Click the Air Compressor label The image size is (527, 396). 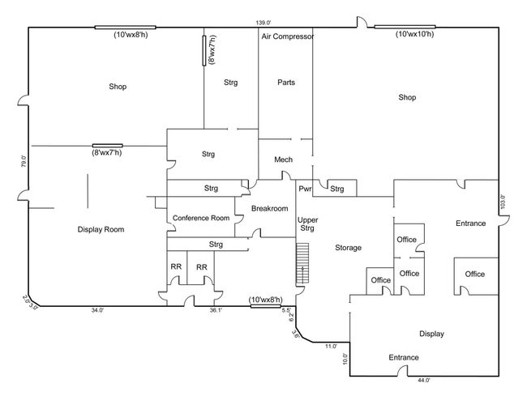coord(288,36)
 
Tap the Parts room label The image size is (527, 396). coord(286,83)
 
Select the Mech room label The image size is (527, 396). coord(283,160)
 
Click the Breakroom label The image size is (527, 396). coord(269,208)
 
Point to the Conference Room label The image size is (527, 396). coord(201,218)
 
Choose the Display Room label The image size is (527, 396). coord(101,229)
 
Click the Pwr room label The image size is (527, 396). coord(305,189)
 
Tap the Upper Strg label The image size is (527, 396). coord(307,224)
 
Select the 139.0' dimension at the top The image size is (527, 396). coord(263,23)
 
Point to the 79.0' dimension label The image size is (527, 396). coord(24,161)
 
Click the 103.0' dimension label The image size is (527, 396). coord(503,202)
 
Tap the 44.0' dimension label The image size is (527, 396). coord(423,381)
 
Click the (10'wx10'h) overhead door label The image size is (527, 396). coord(415,34)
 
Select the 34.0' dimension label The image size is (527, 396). coord(97,310)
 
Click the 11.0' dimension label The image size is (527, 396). coord(331,347)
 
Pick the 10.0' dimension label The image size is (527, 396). coord(345,359)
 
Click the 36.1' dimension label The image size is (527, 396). coord(216,310)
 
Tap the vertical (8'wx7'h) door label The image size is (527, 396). coord(212,49)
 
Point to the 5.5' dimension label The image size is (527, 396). coord(286,310)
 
